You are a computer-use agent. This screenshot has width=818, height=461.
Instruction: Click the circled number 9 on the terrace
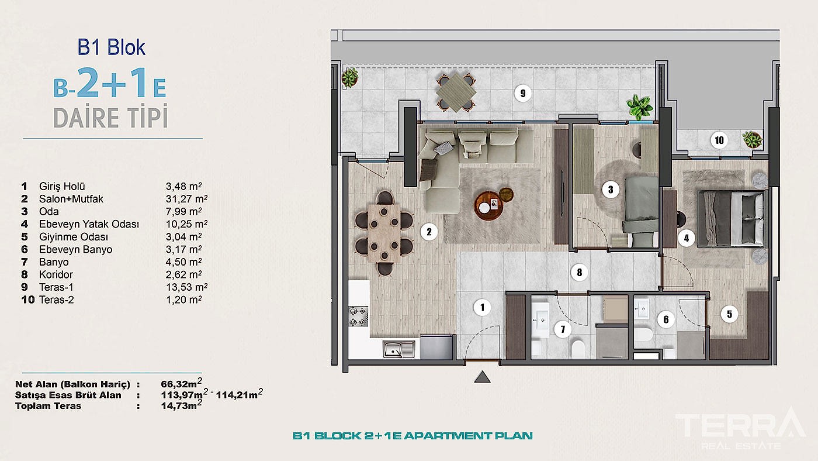(x=523, y=92)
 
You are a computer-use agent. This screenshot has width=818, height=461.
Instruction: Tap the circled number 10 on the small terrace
(x=718, y=140)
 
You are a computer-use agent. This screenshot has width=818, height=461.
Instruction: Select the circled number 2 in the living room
(x=429, y=232)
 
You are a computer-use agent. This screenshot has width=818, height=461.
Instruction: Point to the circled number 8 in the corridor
(x=578, y=271)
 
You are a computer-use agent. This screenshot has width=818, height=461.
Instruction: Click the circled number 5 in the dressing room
(x=729, y=314)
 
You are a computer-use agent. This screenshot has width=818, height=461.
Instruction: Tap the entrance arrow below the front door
(x=482, y=377)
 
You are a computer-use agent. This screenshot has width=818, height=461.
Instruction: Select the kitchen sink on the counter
(x=399, y=349)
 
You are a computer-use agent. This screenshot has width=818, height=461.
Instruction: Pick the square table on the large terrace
(x=456, y=92)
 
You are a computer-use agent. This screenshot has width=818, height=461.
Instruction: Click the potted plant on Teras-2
(x=751, y=140)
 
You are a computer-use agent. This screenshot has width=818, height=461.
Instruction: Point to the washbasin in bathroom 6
(x=642, y=308)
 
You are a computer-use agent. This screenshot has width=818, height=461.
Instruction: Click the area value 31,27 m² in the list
(x=184, y=199)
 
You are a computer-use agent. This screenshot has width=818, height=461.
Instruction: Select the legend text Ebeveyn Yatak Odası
(x=89, y=224)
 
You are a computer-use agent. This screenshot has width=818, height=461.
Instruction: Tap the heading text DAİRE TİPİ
(x=111, y=118)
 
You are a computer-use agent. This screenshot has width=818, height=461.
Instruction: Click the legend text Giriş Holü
(x=62, y=187)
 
